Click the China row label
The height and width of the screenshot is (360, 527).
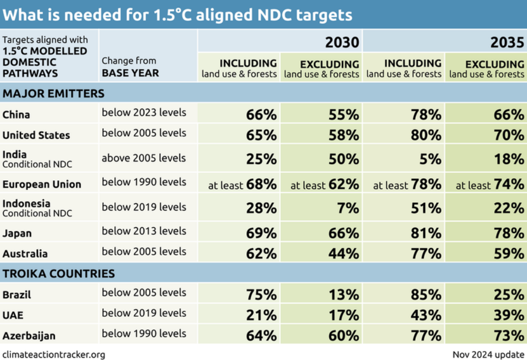16,114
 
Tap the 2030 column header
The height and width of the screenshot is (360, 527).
343,42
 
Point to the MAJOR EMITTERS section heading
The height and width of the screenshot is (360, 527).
53,94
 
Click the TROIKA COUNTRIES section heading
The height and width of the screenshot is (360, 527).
58,274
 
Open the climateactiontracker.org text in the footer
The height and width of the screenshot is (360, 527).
54,354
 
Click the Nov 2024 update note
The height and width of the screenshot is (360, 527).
488,354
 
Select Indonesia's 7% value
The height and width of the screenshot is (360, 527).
349,208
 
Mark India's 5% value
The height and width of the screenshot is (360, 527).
431,159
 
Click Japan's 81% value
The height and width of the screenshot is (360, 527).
426,232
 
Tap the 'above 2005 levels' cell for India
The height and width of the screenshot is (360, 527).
144,158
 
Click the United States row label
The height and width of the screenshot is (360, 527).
36,135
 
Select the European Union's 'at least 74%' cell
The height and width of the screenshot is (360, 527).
490,184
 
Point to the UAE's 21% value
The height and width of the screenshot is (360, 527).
261,315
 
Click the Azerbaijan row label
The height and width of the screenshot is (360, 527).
29,336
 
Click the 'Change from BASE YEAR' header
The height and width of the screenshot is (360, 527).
130,67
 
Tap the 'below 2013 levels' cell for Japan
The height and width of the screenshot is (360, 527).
144,231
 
